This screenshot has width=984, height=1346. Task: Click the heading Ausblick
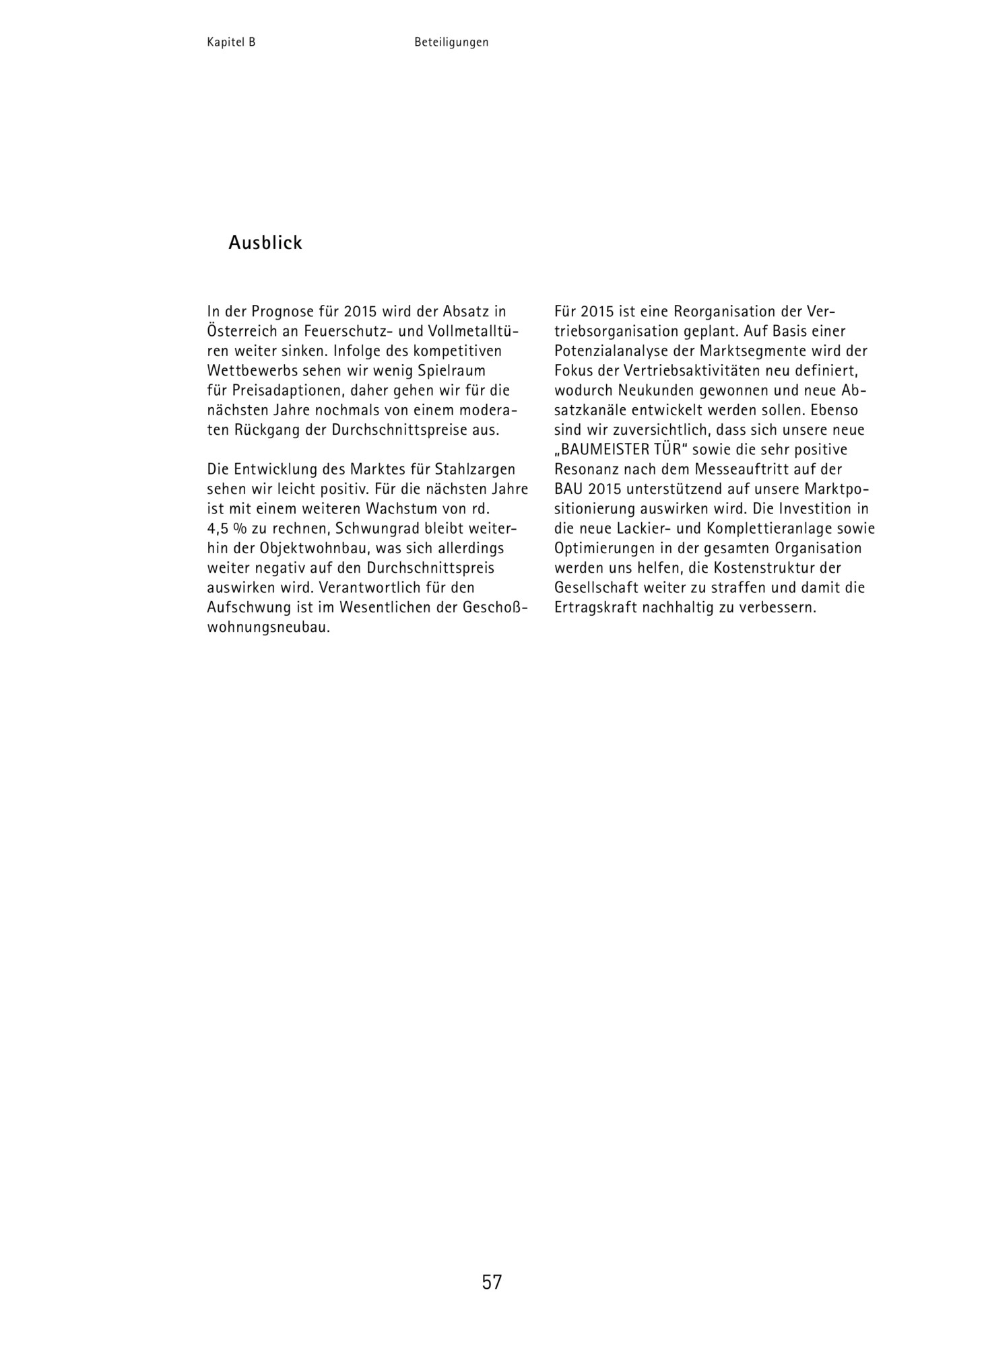tap(265, 243)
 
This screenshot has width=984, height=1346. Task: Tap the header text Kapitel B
tap(231, 42)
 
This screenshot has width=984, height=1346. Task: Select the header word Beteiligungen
tap(451, 42)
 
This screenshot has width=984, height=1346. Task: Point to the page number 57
tap(492, 1282)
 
